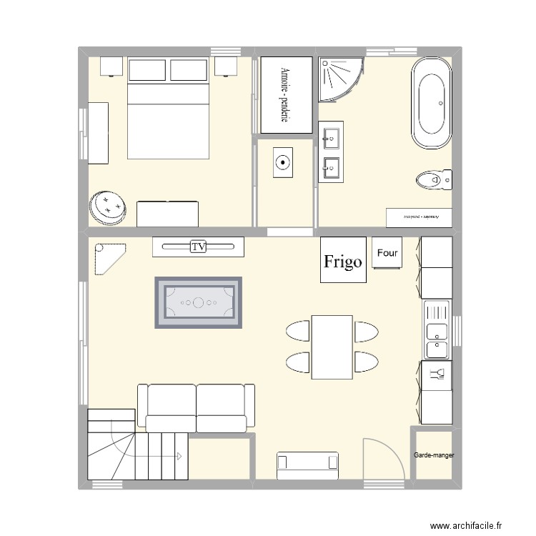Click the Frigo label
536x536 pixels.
click(343, 262)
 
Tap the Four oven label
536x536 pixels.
click(387, 253)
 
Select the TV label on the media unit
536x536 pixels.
click(199, 247)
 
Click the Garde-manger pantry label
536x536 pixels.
click(434, 455)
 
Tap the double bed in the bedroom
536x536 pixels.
click(168, 114)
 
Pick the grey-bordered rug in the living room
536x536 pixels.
click(199, 302)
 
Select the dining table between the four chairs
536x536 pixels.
click(332, 347)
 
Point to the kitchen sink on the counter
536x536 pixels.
click(436, 331)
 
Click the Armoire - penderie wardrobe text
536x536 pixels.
click(285, 95)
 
